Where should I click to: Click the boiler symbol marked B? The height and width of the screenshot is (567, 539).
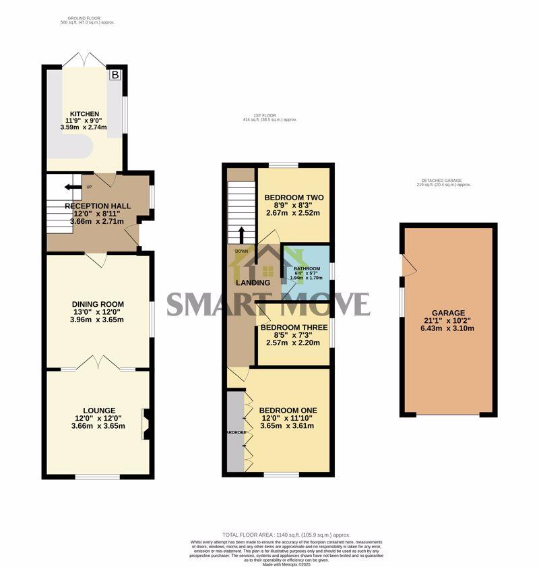coord(115,75)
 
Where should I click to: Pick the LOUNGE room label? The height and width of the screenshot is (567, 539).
coord(99,410)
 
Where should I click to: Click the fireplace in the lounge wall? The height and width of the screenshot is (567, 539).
coord(145,425)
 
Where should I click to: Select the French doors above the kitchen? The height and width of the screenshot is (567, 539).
coord(85,59)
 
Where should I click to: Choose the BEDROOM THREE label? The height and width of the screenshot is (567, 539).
coord(293,327)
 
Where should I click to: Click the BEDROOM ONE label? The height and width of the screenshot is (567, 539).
coord(288,410)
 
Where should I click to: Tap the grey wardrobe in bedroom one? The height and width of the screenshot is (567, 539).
coord(235,431)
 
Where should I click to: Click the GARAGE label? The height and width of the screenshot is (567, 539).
coord(448,313)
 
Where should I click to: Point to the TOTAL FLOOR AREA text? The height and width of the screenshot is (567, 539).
coord(286,535)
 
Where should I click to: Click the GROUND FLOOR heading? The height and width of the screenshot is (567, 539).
coord(87,18)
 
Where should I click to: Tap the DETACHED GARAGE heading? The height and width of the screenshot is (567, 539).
coord(445,181)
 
